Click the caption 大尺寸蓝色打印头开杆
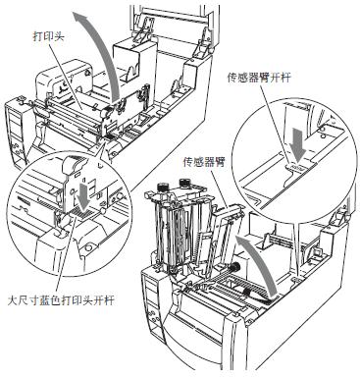tap(60, 300)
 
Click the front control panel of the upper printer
tap(18, 132)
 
